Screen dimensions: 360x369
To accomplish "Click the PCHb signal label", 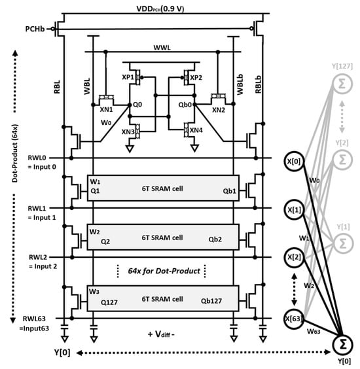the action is pyautogui.click(x=35, y=29).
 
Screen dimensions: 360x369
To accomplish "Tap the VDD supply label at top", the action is pyautogui.click(x=160, y=9).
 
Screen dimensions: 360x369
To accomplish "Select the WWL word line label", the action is pyautogui.click(x=162, y=48).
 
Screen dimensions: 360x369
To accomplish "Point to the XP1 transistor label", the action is pyautogui.click(x=128, y=77).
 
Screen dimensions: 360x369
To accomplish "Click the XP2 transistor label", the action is pyautogui.click(x=196, y=78).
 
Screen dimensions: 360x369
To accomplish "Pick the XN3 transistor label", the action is pyautogui.click(x=128, y=132).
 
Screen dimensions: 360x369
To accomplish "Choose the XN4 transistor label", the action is pyautogui.click(x=196, y=130).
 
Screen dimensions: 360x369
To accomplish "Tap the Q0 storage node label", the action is pyautogui.click(x=137, y=105).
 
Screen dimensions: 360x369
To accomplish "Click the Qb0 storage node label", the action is pyautogui.click(x=185, y=105).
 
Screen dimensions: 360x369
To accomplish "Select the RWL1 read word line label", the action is pyautogui.click(x=37, y=209).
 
